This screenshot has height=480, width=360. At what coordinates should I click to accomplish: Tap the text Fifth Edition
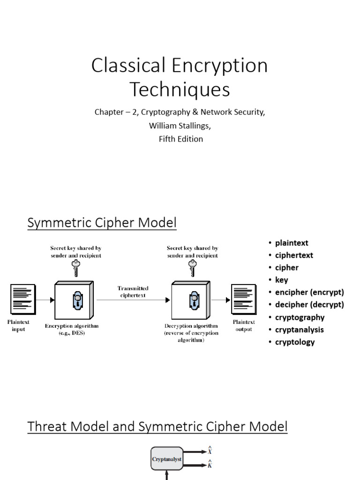[x=180, y=139]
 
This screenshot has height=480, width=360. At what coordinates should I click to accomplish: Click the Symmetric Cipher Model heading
[x=102, y=223]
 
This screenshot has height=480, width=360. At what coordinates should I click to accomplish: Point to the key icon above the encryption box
[x=75, y=269]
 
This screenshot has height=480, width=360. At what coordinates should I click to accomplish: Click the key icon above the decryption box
[x=192, y=269]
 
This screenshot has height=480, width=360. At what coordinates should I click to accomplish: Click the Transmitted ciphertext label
[x=133, y=292]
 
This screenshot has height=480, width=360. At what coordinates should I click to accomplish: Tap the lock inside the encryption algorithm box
[x=76, y=300]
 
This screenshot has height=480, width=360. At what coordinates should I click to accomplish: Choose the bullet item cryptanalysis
[x=299, y=330]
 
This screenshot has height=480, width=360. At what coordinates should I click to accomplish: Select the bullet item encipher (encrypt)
[x=309, y=292]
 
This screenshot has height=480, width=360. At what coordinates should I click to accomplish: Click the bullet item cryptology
[x=295, y=342]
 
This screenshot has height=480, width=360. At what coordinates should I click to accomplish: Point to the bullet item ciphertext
[x=294, y=255]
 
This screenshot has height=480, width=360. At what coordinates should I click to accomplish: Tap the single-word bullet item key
[x=281, y=280]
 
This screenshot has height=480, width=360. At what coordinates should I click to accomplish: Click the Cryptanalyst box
[x=166, y=460]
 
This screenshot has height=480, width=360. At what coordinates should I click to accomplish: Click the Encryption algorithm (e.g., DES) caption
[x=72, y=329]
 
